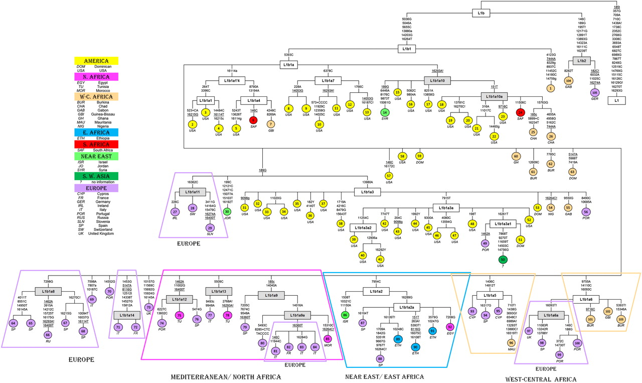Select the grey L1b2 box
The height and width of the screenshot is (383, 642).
point(582,61)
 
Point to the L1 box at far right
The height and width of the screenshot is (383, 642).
point(616,100)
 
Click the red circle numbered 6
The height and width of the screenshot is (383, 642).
point(254,120)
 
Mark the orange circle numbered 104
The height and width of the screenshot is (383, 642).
point(568,81)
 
